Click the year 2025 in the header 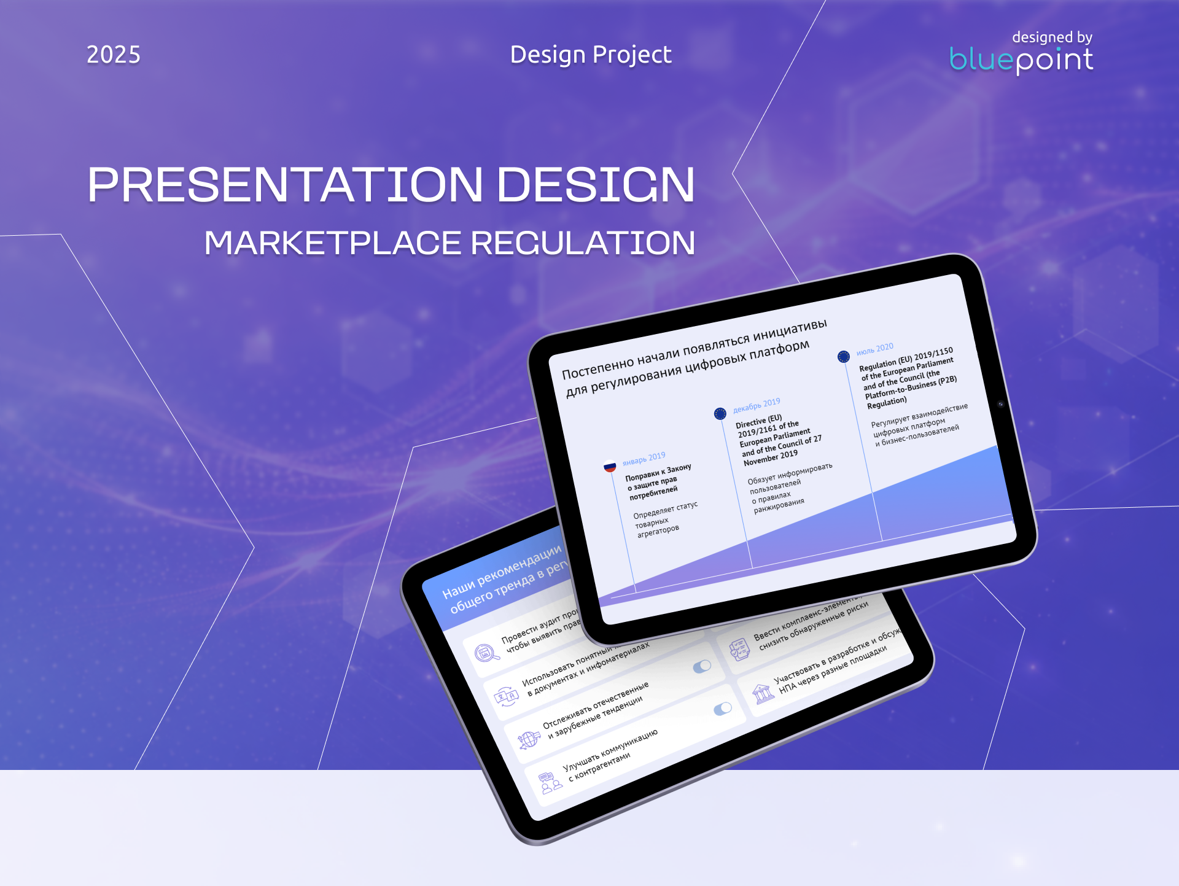pos(114,55)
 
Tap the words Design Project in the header pos(591,55)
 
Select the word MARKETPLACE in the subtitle pos(332,243)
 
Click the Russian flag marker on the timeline pos(610,466)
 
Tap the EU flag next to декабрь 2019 pos(720,414)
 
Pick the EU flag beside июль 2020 pos(844,357)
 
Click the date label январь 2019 pos(644,459)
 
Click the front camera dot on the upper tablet pos(1001,404)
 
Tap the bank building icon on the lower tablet pos(763,694)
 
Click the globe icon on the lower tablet pos(528,739)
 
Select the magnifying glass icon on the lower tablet pos(486,653)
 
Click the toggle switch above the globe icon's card pos(702,667)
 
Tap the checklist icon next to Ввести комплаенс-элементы pos(740,650)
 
